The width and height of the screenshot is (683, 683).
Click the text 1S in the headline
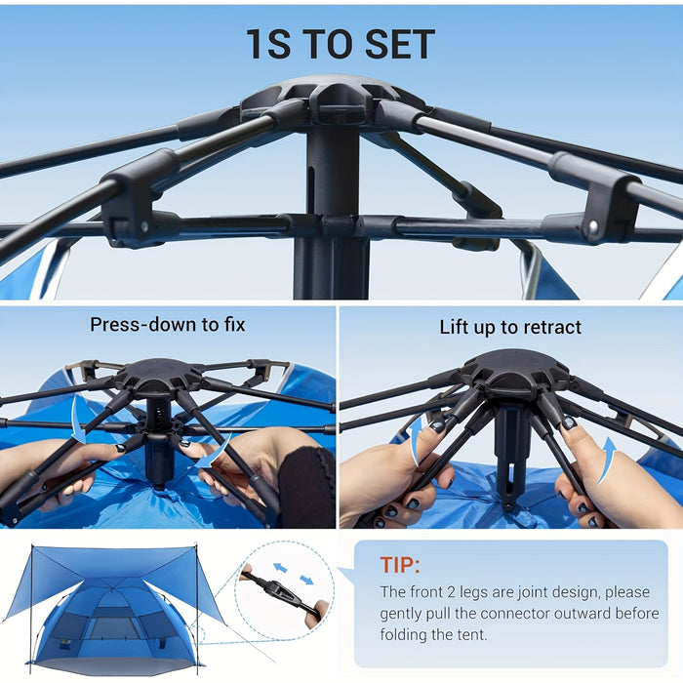(267, 44)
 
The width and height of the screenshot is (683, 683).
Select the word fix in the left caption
(231, 325)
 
